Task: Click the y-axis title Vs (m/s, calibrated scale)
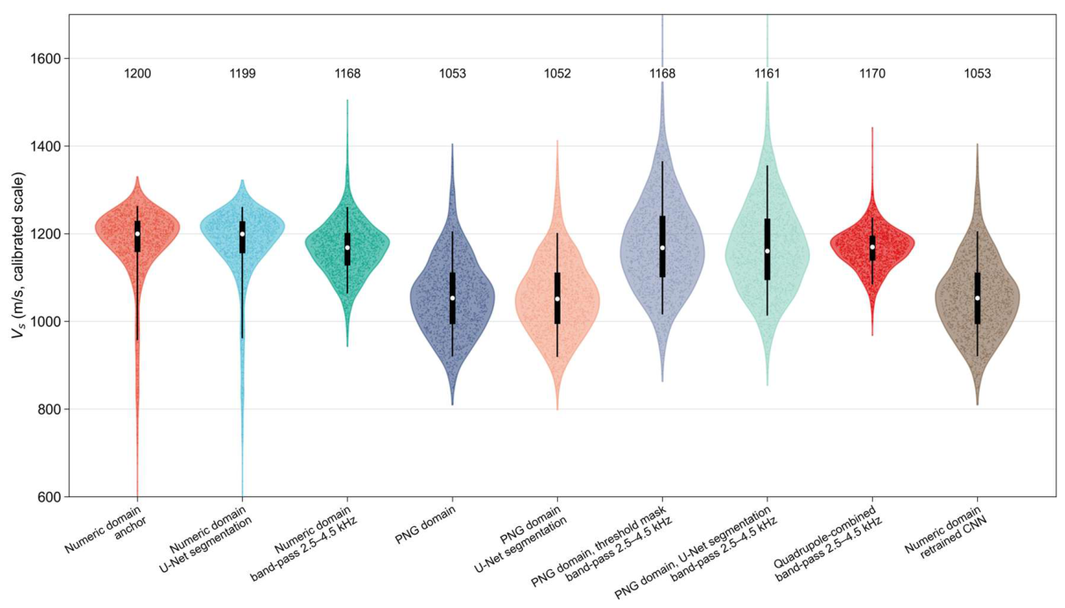click(18, 257)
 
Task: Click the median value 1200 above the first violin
click(137, 74)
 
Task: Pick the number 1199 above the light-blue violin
click(242, 74)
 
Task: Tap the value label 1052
click(557, 74)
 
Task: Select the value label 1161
click(768, 74)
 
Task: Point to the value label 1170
click(872, 74)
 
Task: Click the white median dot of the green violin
click(348, 247)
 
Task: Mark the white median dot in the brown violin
click(978, 298)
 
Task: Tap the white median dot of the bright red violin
click(872, 246)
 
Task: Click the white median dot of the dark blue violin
click(452, 298)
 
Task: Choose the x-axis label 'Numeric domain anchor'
click(107, 530)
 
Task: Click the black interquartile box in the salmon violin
click(557, 298)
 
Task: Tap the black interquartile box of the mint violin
click(768, 249)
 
